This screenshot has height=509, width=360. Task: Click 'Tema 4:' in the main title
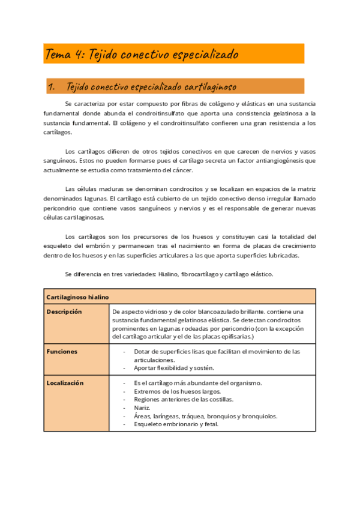pyautogui.click(x=65, y=55)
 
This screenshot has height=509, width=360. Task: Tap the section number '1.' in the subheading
pyautogui.click(x=51, y=87)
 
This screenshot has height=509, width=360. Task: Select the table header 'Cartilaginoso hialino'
pyautogui.click(x=78, y=297)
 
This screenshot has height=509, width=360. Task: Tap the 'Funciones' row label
pyautogui.click(x=62, y=352)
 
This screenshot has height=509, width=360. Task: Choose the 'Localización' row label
pyautogui.click(x=65, y=383)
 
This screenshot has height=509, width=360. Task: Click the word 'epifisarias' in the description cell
pyautogui.click(x=235, y=337)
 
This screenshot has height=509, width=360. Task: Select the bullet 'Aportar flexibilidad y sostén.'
pyautogui.click(x=174, y=368)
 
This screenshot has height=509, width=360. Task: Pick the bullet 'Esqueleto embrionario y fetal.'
pyautogui.click(x=176, y=424)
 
